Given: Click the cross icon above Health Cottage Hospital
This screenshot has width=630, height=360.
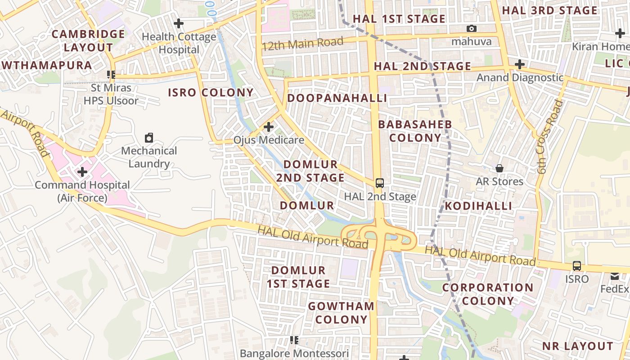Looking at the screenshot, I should pos(179,23).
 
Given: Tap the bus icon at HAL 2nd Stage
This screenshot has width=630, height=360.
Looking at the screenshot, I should pos(380,183).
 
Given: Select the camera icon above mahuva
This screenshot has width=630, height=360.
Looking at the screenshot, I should pos(471,29).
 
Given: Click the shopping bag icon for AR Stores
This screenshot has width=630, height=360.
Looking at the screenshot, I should pos(499,168).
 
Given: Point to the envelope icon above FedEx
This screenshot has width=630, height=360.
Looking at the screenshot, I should pos(615,276).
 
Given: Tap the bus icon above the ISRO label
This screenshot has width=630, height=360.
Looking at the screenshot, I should pos(576,265).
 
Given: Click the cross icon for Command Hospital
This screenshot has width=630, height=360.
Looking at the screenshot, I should pos(82,172).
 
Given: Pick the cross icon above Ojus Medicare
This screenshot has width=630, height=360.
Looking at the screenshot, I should pos(269,127).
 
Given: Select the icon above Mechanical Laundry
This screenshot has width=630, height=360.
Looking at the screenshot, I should pos(149,137).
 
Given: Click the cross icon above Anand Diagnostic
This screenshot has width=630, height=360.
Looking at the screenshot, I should pos(520,64).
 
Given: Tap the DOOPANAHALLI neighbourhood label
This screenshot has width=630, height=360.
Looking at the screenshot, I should pos(337,98).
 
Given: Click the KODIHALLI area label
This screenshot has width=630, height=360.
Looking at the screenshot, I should pos(479,206).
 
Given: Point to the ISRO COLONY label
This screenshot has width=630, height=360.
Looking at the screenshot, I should pos(211,93).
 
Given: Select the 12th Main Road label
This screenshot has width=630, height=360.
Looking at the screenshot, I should pos(302,44).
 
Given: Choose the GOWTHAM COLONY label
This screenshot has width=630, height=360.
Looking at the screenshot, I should pos(341,313).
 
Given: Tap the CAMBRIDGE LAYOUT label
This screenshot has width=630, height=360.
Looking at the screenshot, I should pos(88,40).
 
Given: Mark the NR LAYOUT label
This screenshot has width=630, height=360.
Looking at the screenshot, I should pos(577,346).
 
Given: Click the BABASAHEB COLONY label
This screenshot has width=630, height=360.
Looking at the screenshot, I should pos(415,131).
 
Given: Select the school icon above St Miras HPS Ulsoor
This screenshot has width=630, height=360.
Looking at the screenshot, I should pos(111,74).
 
